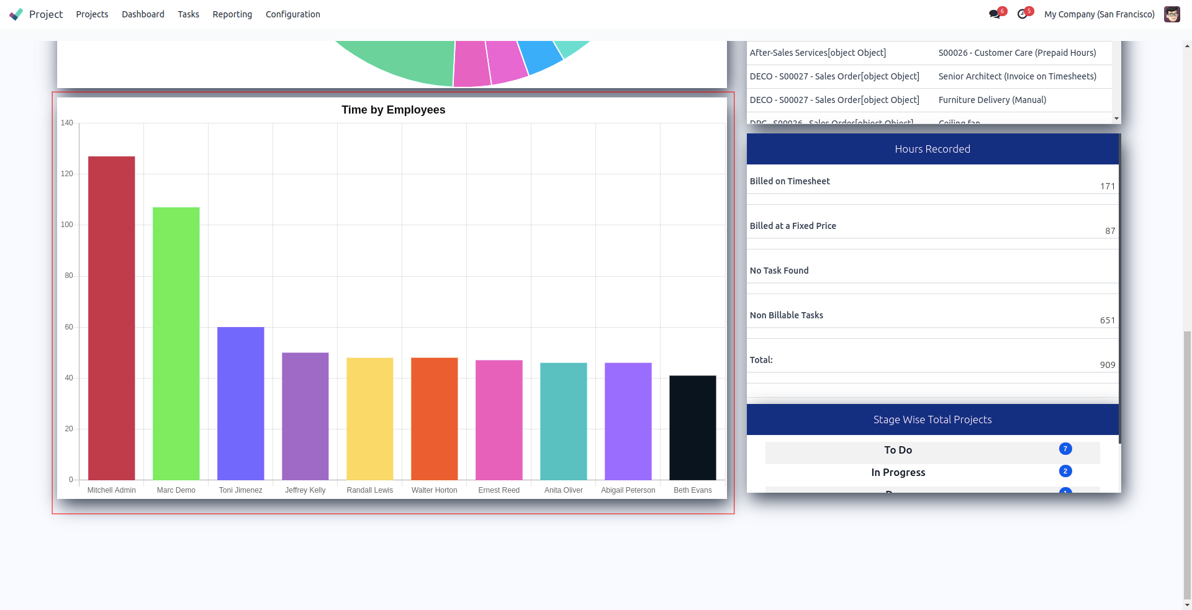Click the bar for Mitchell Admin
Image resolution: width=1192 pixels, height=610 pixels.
click(x=112, y=318)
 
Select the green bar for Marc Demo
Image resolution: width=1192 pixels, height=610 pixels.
click(x=176, y=343)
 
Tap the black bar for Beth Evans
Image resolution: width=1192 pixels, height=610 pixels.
click(x=693, y=428)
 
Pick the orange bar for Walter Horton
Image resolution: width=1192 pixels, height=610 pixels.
click(x=435, y=418)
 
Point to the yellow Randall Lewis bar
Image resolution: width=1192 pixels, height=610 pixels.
click(x=370, y=418)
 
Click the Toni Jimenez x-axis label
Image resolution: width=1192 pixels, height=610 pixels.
click(x=241, y=490)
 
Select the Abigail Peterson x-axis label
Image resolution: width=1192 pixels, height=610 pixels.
click(x=628, y=490)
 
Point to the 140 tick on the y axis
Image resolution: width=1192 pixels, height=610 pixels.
click(x=67, y=123)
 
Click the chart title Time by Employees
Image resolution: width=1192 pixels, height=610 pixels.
click(x=394, y=110)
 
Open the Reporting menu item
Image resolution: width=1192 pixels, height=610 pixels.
click(x=232, y=14)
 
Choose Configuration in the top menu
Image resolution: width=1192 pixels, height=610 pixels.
click(x=293, y=14)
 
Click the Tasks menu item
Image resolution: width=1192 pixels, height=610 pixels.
click(x=188, y=14)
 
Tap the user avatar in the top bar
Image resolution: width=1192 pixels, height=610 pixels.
click(x=1172, y=14)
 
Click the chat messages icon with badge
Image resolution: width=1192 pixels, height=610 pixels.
click(x=995, y=14)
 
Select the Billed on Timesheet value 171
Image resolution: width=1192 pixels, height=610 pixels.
click(x=1108, y=186)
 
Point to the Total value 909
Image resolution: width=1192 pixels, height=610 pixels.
click(x=1108, y=365)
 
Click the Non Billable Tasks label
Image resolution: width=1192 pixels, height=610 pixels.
click(x=787, y=315)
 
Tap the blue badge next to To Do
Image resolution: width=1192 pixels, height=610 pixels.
click(x=1065, y=449)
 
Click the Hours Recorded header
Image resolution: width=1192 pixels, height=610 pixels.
click(x=932, y=149)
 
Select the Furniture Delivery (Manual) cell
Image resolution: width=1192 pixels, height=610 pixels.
click(x=992, y=100)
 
